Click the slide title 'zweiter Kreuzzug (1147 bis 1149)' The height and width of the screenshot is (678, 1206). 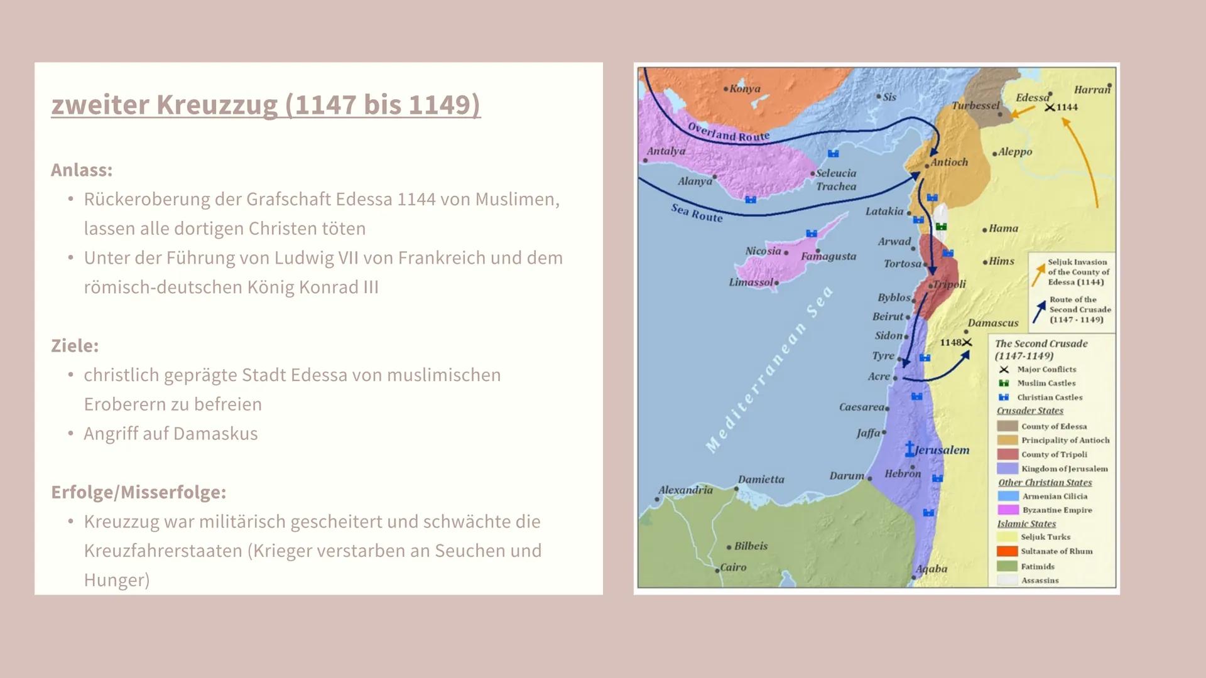(266, 104)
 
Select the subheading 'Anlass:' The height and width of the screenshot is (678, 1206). (82, 170)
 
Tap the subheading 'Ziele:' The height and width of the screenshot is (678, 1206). (75, 346)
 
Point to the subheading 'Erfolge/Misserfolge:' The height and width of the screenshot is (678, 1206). (138, 492)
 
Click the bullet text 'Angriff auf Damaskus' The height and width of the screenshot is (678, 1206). (171, 434)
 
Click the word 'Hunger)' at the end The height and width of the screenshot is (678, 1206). (117, 580)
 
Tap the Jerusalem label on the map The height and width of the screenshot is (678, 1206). (942, 450)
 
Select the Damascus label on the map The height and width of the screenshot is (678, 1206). (992, 323)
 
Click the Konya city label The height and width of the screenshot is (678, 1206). (745, 89)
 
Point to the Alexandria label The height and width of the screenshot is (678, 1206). (685, 490)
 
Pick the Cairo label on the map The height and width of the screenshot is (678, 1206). (733, 567)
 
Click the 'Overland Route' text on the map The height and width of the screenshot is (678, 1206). (728, 132)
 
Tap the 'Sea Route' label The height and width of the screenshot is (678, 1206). (697, 213)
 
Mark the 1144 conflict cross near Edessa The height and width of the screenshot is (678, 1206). (1050, 107)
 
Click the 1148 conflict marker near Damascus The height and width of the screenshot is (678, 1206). (967, 342)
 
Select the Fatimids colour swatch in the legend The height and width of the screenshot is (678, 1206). (1007, 566)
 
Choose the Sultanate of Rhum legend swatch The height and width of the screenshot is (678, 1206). (1007, 551)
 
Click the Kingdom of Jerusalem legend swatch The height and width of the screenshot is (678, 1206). (1007, 468)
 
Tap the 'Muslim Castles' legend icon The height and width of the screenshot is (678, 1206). (1004, 383)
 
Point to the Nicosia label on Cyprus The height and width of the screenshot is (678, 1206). (763, 251)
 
